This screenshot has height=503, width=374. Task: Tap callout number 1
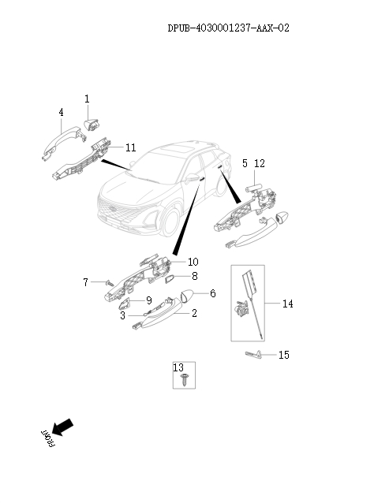click(88, 99)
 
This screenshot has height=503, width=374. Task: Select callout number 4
click(61, 113)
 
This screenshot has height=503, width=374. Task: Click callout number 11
click(130, 147)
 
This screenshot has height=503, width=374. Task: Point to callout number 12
click(260, 163)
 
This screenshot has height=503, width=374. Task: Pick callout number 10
click(193, 261)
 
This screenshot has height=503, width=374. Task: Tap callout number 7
click(85, 281)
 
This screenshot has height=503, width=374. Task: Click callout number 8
click(194, 277)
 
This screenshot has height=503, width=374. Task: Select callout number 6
click(212, 293)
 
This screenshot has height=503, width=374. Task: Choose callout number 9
click(148, 300)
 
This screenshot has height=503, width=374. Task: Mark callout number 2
click(194, 313)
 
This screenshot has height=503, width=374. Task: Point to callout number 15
click(283, 356)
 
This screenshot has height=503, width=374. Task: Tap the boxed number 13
click(178, 367)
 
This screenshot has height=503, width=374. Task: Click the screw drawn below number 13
click(183, 380)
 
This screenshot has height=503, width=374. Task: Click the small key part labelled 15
click(255, 355)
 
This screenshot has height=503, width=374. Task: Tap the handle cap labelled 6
click(188, 296)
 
